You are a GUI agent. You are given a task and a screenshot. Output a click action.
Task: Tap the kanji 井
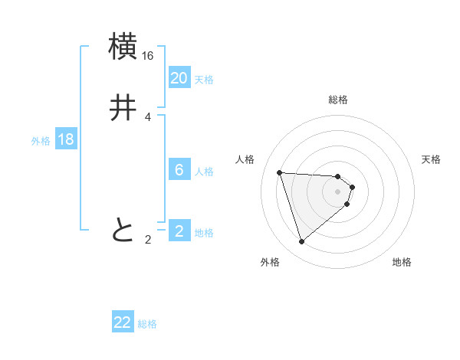(x=123, y=109)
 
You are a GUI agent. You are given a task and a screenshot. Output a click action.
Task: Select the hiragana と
(x=123, y=229)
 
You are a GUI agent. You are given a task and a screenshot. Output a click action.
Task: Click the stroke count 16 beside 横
(x=148, y=56)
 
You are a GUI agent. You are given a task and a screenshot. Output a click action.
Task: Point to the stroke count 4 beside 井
(x=148, y=117)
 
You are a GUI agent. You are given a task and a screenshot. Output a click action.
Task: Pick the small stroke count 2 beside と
(x=148, y=240)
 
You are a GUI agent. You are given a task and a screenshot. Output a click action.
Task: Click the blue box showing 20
(x=179, y=78)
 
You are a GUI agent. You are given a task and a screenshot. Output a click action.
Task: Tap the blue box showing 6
(x=179, y=170)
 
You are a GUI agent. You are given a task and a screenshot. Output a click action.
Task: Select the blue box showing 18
(x=66, y=139)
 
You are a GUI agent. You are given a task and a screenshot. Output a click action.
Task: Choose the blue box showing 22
(x=123, y=322)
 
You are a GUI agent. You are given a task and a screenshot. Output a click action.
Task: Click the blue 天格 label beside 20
(x=204, y=80)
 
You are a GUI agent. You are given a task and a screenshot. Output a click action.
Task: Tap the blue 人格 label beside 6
(x=204, y=172)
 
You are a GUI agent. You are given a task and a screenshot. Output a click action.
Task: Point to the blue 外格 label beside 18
(x=41, y=141)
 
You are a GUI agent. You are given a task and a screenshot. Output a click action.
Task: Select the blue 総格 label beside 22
(x=147, y=324)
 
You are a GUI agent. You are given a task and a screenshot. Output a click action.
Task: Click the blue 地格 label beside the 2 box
(x=204, y=233)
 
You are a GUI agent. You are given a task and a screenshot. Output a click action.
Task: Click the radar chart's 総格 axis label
(x=338, y=100)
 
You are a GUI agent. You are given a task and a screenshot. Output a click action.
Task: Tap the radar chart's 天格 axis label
(x=431, y=159)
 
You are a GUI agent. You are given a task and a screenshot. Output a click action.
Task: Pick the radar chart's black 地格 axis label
(x=402, y=262)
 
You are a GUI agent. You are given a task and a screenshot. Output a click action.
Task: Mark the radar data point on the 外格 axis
(x=302, y=242)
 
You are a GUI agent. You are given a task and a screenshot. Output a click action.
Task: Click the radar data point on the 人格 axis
(x=280, y=172)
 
